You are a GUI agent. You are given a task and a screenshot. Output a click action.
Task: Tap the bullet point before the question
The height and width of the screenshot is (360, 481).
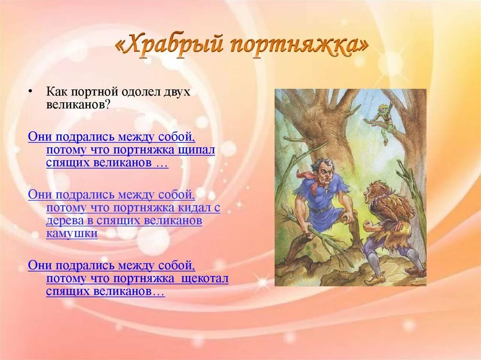30,91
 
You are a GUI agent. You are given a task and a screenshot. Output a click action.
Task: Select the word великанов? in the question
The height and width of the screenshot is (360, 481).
78,105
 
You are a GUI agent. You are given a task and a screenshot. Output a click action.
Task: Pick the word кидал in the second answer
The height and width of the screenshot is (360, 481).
194,207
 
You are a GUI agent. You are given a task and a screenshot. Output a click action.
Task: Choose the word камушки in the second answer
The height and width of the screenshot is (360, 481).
72,234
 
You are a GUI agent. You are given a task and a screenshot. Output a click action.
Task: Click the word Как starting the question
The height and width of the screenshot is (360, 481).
57,92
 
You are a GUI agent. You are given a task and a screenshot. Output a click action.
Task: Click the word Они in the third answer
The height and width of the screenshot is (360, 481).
40,265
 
